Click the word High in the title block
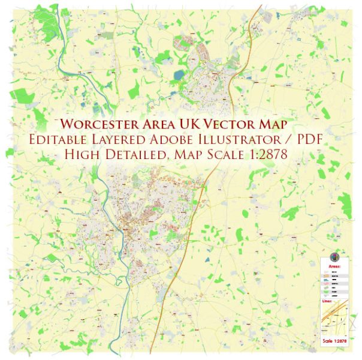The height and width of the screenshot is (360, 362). pos(83,154)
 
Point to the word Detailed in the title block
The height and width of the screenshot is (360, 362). pos(134,154)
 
